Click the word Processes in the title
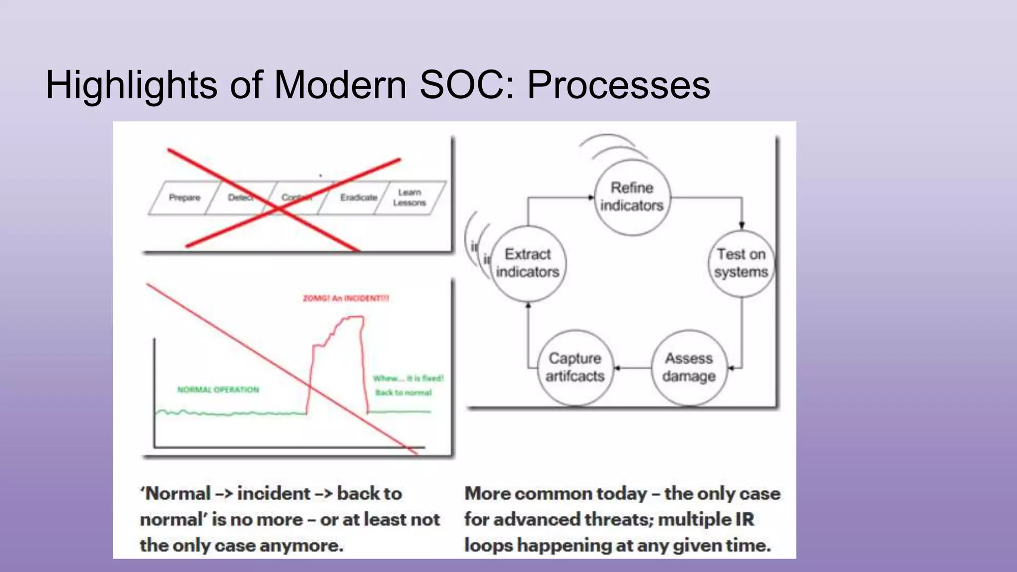(618, 85)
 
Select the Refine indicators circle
(632, 197)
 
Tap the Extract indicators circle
(528, 263)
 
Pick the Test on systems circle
(741, 263)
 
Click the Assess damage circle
(689, 367)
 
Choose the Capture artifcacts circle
(575, 367)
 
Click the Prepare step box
(184, 198)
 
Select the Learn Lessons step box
(410, 198)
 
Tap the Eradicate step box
(358, 198)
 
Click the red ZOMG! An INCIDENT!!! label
(346, 298)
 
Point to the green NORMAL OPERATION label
(218, 390)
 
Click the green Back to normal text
(403, 393)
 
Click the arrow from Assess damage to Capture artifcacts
(633, 368)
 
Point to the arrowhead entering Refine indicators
(591, 198)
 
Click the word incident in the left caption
(274, 494)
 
